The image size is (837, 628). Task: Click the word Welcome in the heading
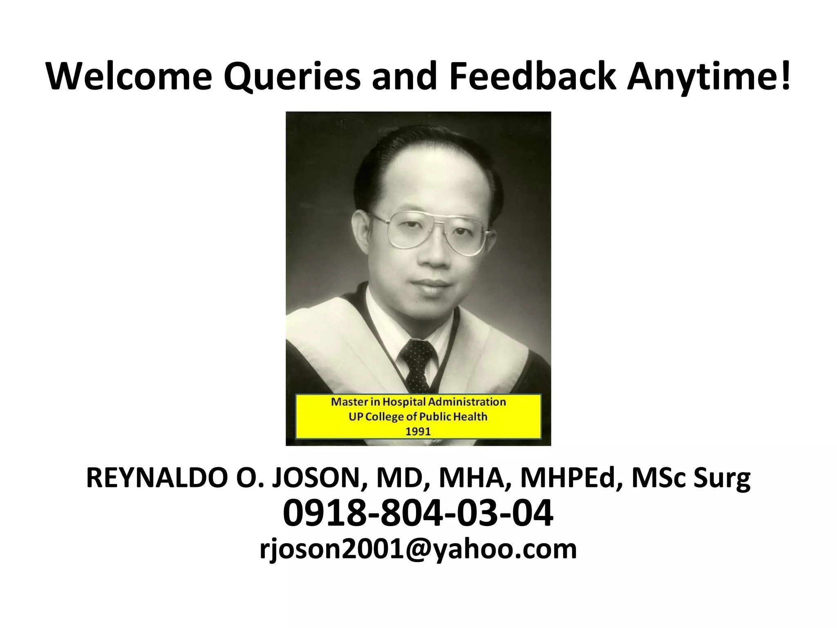click(x=128, y=76)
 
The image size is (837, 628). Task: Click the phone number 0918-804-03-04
click(x=418, y=514)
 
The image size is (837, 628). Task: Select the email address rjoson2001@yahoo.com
click(x=418, y=549)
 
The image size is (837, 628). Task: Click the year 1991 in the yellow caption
click(x=418, y=431)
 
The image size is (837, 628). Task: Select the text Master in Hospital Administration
click(x=418, y=402)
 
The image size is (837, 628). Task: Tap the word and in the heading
click(x=404, y=76)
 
